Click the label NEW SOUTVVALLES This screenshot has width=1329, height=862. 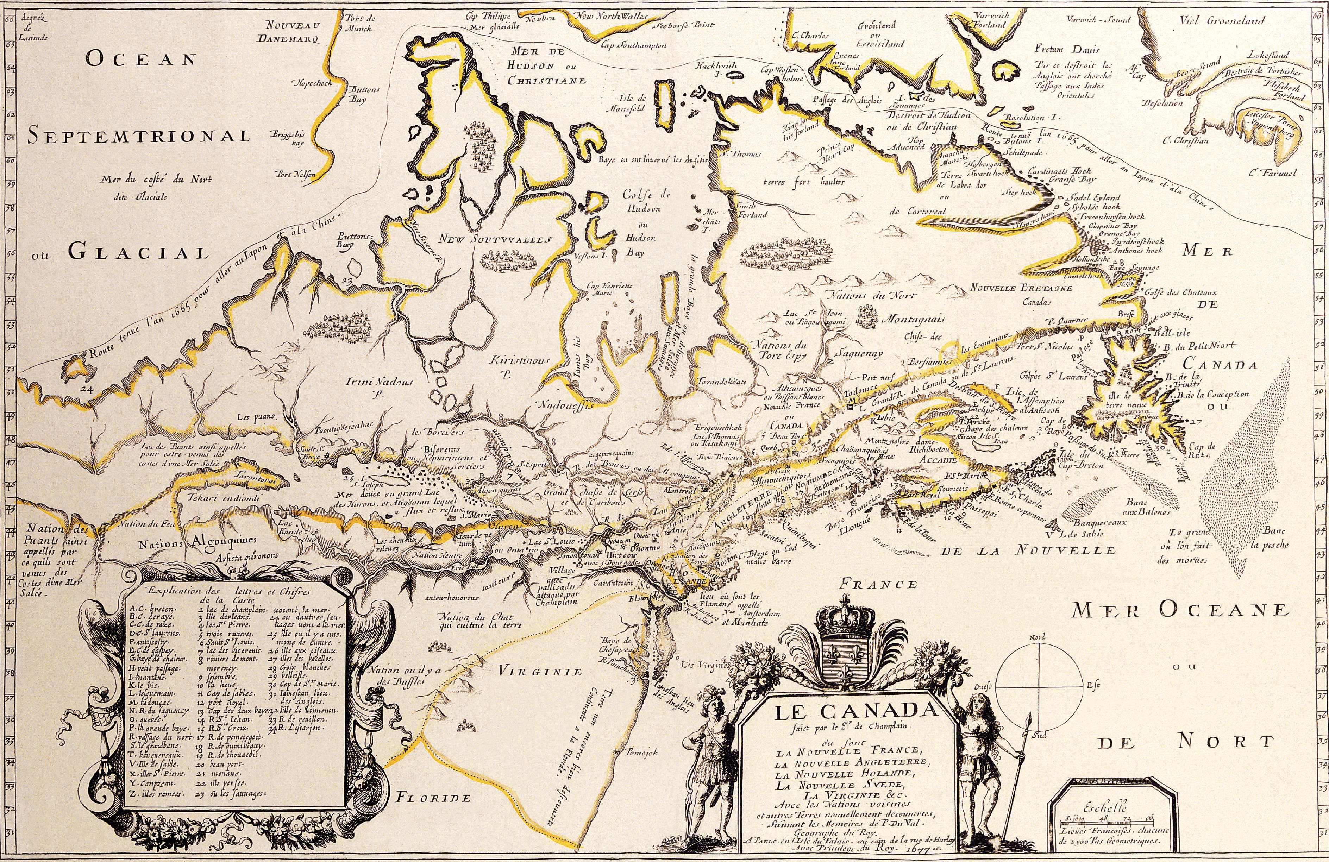495,239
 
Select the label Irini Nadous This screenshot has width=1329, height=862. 378,383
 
